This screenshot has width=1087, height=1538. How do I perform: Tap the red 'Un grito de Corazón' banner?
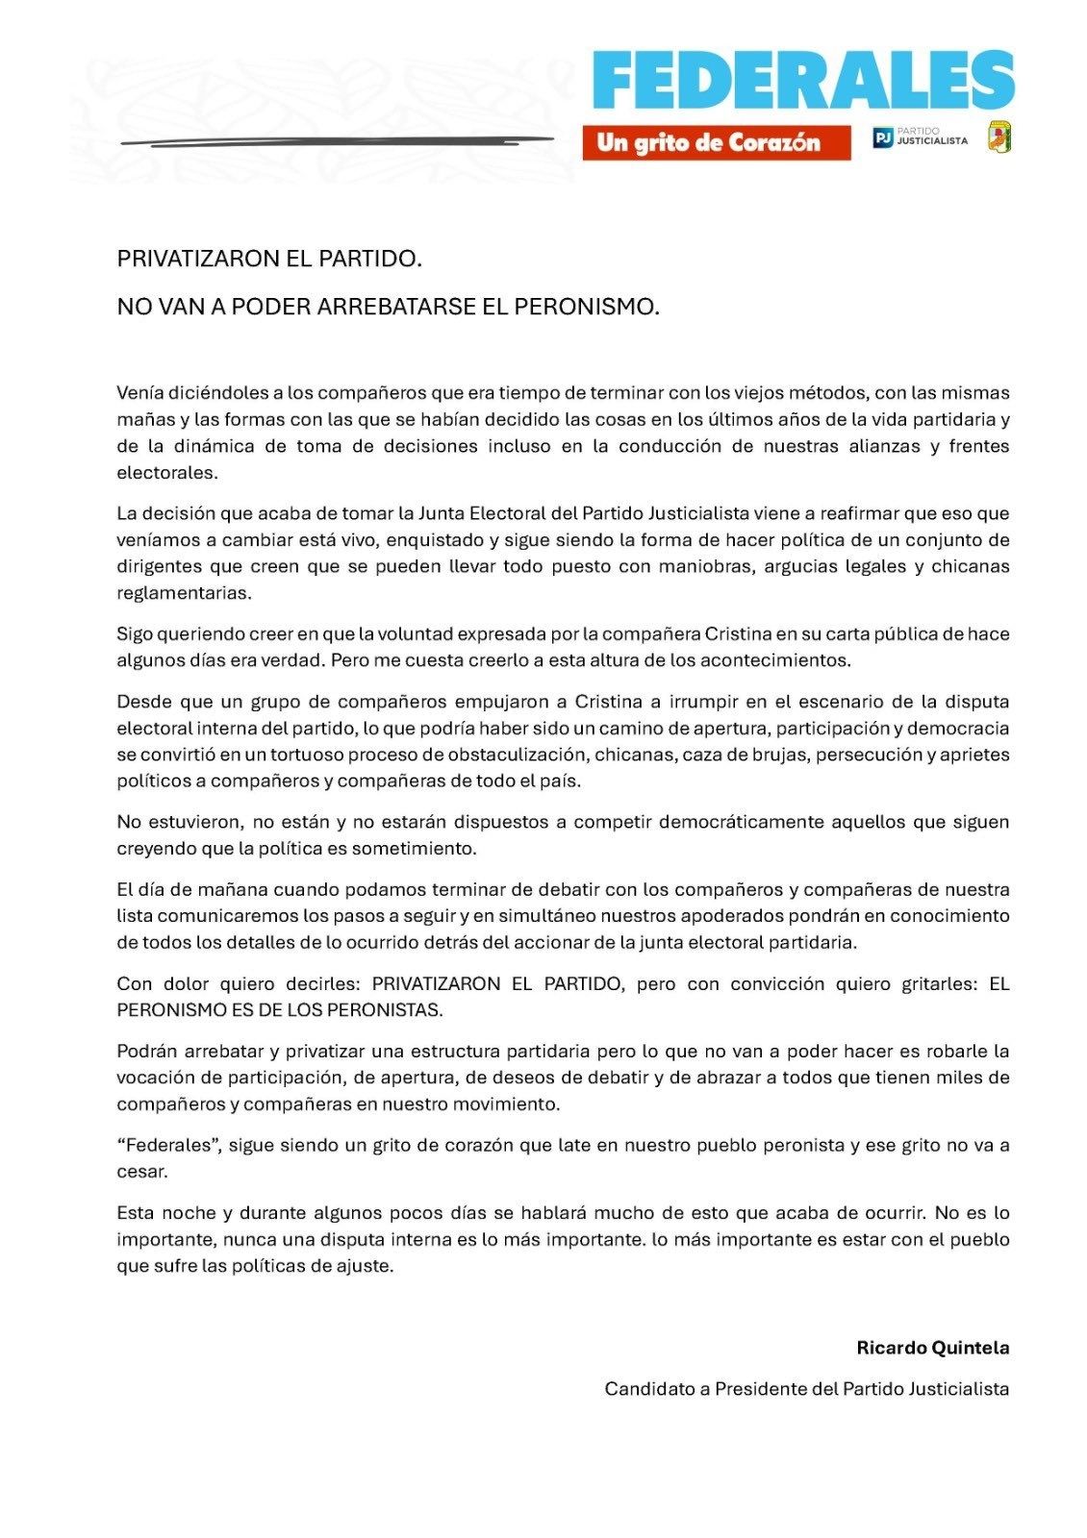716,142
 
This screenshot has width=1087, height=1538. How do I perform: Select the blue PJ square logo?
881,138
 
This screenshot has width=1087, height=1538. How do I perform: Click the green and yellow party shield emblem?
999,136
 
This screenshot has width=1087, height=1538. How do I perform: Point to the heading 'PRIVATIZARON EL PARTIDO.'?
269,260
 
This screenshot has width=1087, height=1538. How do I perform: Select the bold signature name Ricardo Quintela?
932,1348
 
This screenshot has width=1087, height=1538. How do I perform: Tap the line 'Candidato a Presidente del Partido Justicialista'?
806,1389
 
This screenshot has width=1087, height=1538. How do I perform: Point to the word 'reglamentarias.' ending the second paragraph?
170,593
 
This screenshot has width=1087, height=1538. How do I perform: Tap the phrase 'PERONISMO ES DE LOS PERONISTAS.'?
279,1010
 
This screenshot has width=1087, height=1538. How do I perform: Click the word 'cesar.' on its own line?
142,1172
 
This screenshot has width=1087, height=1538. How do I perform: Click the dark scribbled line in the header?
337,140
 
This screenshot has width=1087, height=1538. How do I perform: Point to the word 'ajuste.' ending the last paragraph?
367,1266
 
